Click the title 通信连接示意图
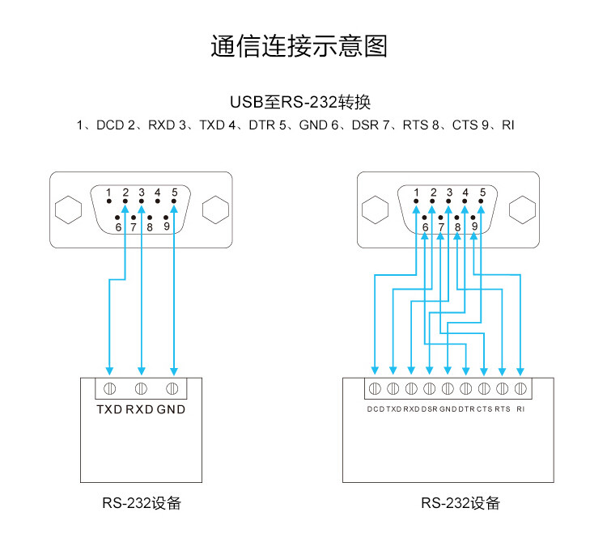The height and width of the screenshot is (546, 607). (299, 46)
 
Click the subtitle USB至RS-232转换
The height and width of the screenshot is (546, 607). (300, 102)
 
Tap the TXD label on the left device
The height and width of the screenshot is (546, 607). (109, 409)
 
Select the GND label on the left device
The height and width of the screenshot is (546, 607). (171, 409)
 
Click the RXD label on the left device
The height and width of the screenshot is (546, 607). (139, 409)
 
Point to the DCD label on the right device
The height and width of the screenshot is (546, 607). (376, 409)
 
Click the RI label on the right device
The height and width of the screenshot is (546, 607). (520, 409)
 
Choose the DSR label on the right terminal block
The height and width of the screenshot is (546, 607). (429, 409)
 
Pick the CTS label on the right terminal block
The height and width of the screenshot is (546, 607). (484, 409)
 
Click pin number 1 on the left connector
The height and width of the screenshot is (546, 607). (108, 192)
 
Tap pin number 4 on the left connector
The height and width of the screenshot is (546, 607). (158, 192)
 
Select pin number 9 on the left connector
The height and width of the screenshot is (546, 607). (167, 226)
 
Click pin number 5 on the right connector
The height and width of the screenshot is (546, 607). (482, 192)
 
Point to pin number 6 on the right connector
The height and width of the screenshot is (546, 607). (426, 227)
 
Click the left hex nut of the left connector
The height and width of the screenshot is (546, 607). (69, 210)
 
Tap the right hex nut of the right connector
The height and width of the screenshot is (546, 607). (522, 210)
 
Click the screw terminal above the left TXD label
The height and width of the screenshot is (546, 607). (109, 388)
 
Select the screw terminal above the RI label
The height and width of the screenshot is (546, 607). (520, 388)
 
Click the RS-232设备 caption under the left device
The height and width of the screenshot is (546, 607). (142, 503)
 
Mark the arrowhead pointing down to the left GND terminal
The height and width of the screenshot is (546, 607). (174, 371)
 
